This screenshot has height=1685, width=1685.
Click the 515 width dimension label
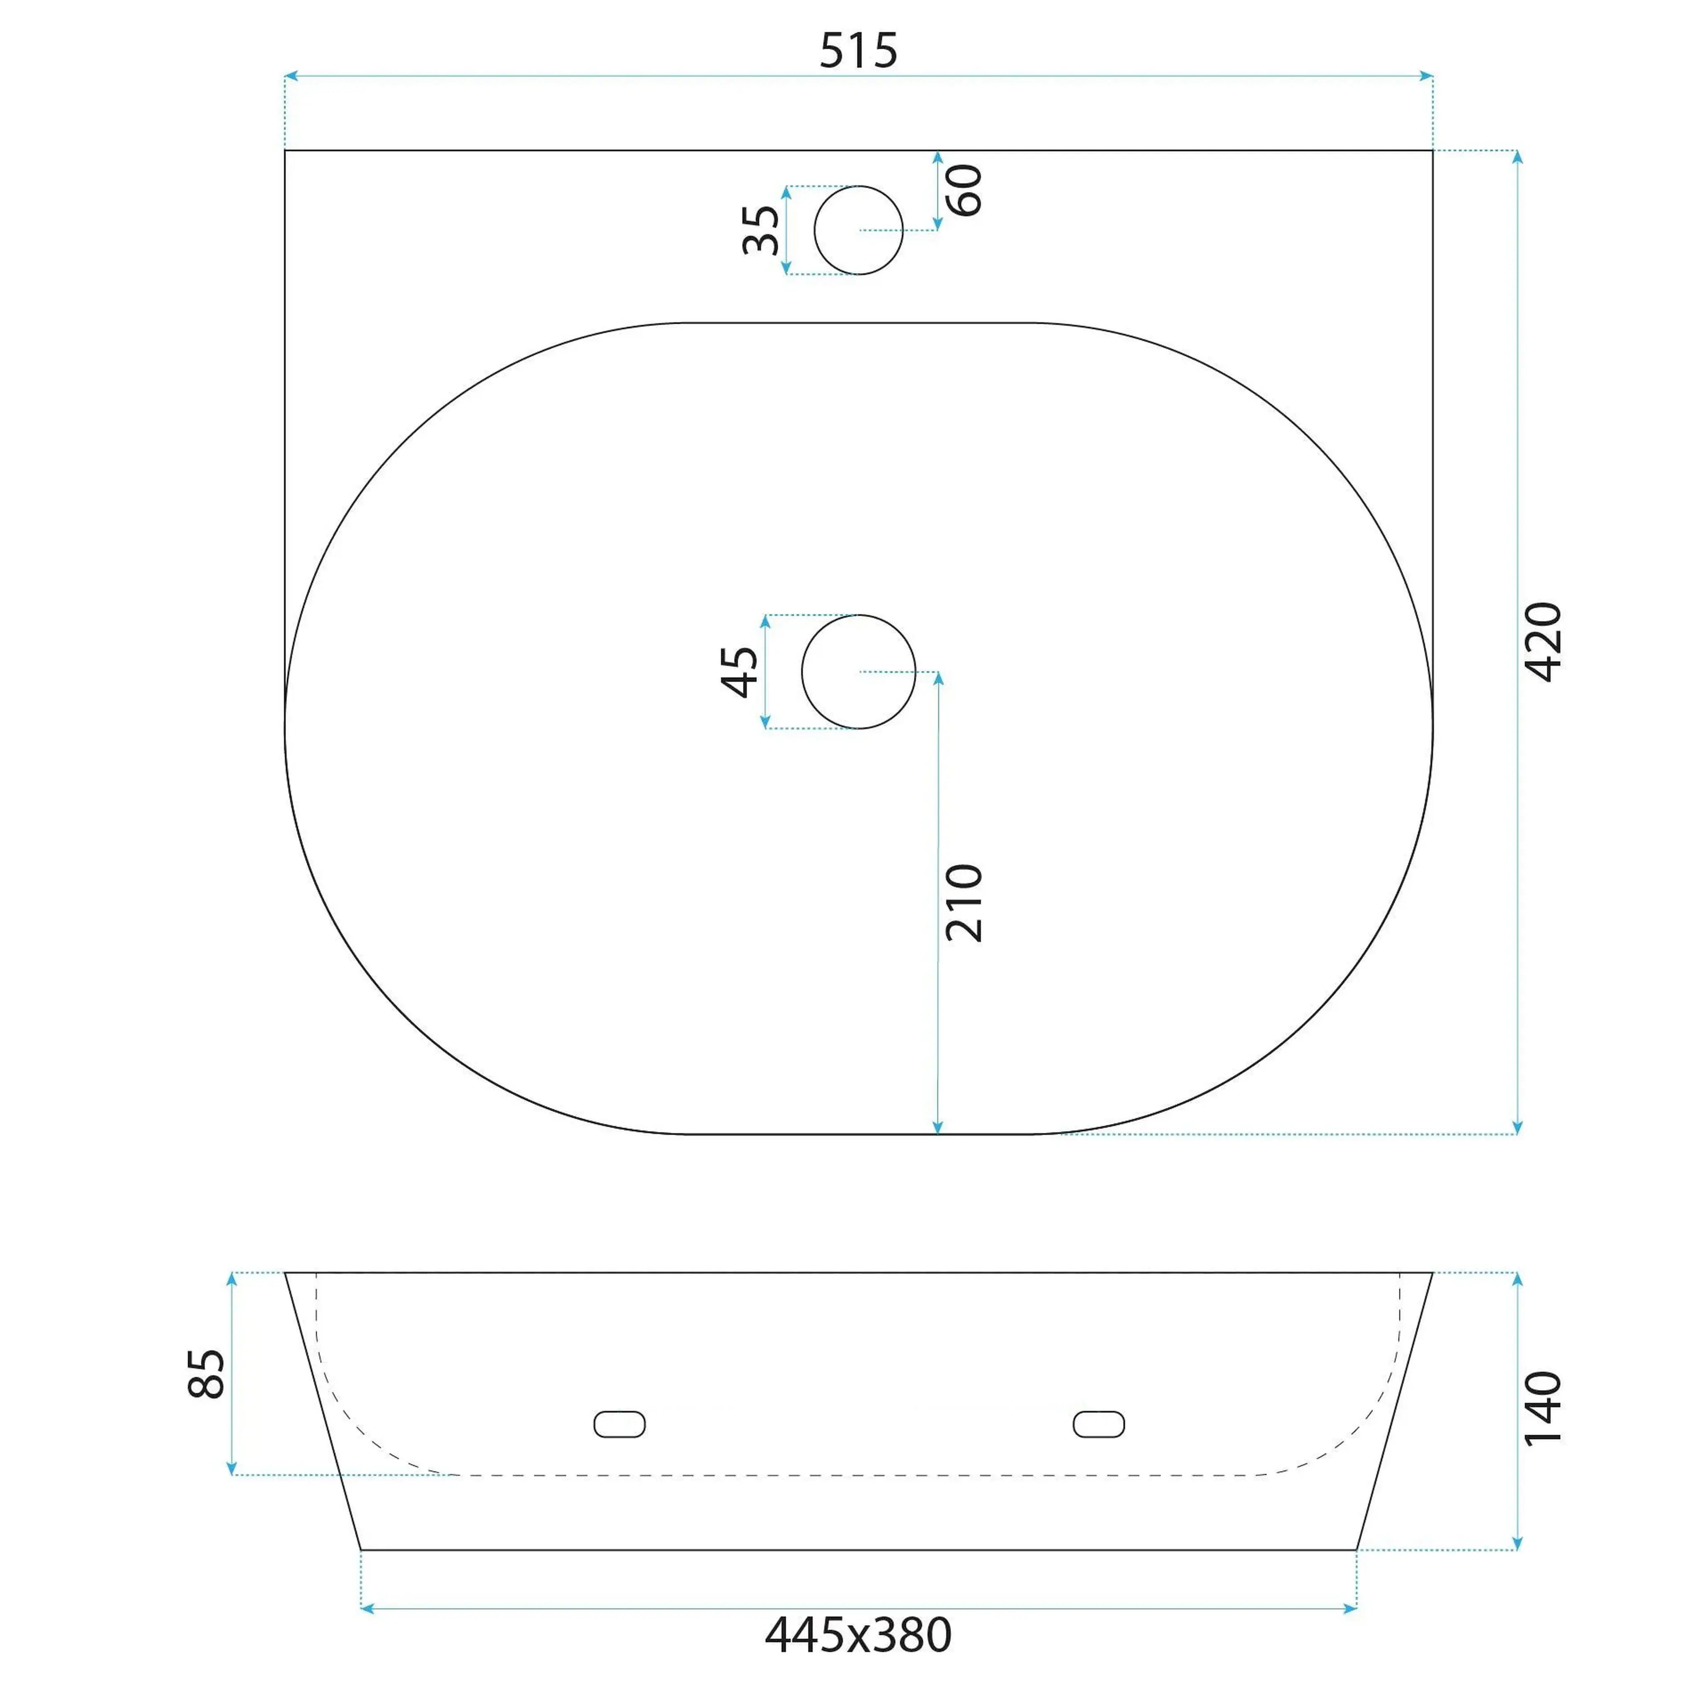[x=858, y=51]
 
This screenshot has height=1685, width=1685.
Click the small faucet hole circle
[x=858, y=230]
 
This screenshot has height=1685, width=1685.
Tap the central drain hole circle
[x=858, y=672]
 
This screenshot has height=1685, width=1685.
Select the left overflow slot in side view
[x=619, y=1424]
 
